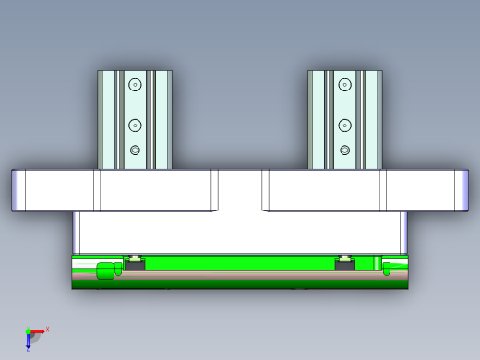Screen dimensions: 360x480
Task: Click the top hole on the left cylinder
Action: pos(135,84)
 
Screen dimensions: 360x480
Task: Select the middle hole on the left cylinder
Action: pos(135,125)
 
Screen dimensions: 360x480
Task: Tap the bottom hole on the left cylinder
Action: pos(135,150)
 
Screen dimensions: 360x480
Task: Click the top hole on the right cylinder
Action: pos(345,84)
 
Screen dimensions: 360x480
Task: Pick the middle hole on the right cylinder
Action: pos(345,125)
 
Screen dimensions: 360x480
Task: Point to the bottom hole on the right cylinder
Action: pos(345,150)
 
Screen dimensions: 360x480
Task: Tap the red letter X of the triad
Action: pos(47,329)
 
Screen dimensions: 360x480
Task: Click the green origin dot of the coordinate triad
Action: pos(28,331)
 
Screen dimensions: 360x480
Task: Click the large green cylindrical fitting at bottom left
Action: pos(105,270)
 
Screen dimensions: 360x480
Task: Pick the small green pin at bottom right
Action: pos(387,269)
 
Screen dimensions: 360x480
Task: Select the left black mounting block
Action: pos(135,266)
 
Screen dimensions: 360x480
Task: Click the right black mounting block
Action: pos(345,266)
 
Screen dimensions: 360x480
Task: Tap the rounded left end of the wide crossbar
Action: pos(18,190)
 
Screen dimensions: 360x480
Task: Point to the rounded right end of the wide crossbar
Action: pos(462,190)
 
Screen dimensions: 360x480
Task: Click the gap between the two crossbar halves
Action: pos(240,190)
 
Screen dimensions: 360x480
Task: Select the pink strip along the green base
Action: pos(240,275)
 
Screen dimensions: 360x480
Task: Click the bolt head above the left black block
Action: pos(135,257)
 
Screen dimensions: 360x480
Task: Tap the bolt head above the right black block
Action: pos(345,257)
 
